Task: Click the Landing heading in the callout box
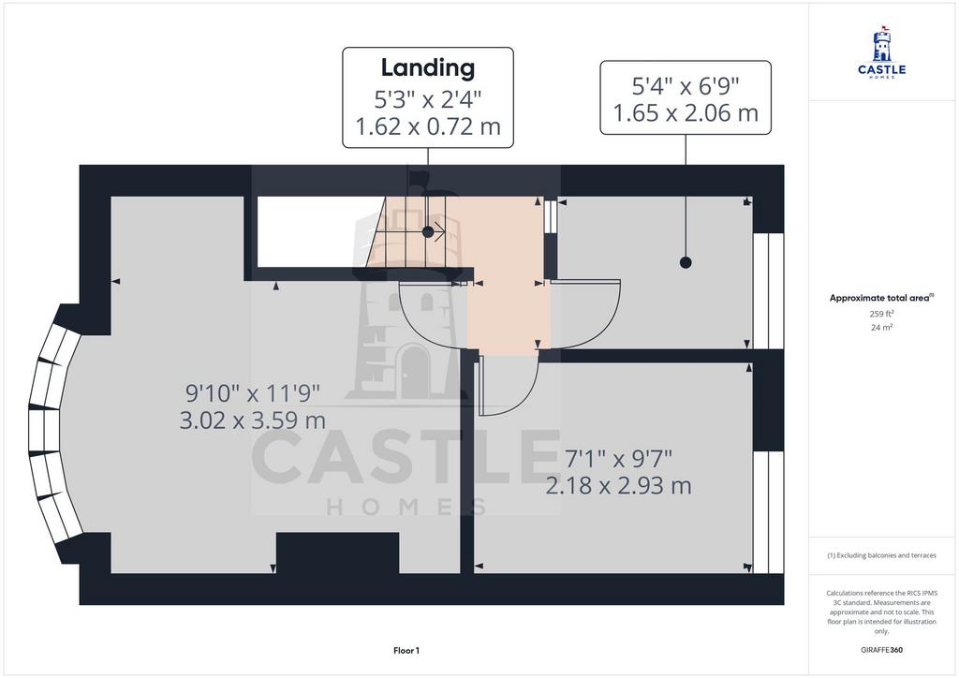427,68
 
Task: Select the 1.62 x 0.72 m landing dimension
427,126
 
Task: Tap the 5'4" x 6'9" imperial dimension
685,86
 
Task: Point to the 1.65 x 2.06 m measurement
685,113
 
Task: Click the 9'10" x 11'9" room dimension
253,393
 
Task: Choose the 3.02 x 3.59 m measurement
253,420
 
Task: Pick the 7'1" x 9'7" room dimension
618,459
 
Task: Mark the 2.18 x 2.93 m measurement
618,486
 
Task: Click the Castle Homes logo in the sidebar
882,52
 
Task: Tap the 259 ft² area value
881,314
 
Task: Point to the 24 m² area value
881,327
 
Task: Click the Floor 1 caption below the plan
406,651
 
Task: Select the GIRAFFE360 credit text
881,650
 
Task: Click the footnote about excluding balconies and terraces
881,555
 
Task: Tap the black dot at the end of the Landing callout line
428,231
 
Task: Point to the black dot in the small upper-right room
686,262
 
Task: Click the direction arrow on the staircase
436,231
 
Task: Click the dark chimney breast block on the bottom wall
338,553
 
